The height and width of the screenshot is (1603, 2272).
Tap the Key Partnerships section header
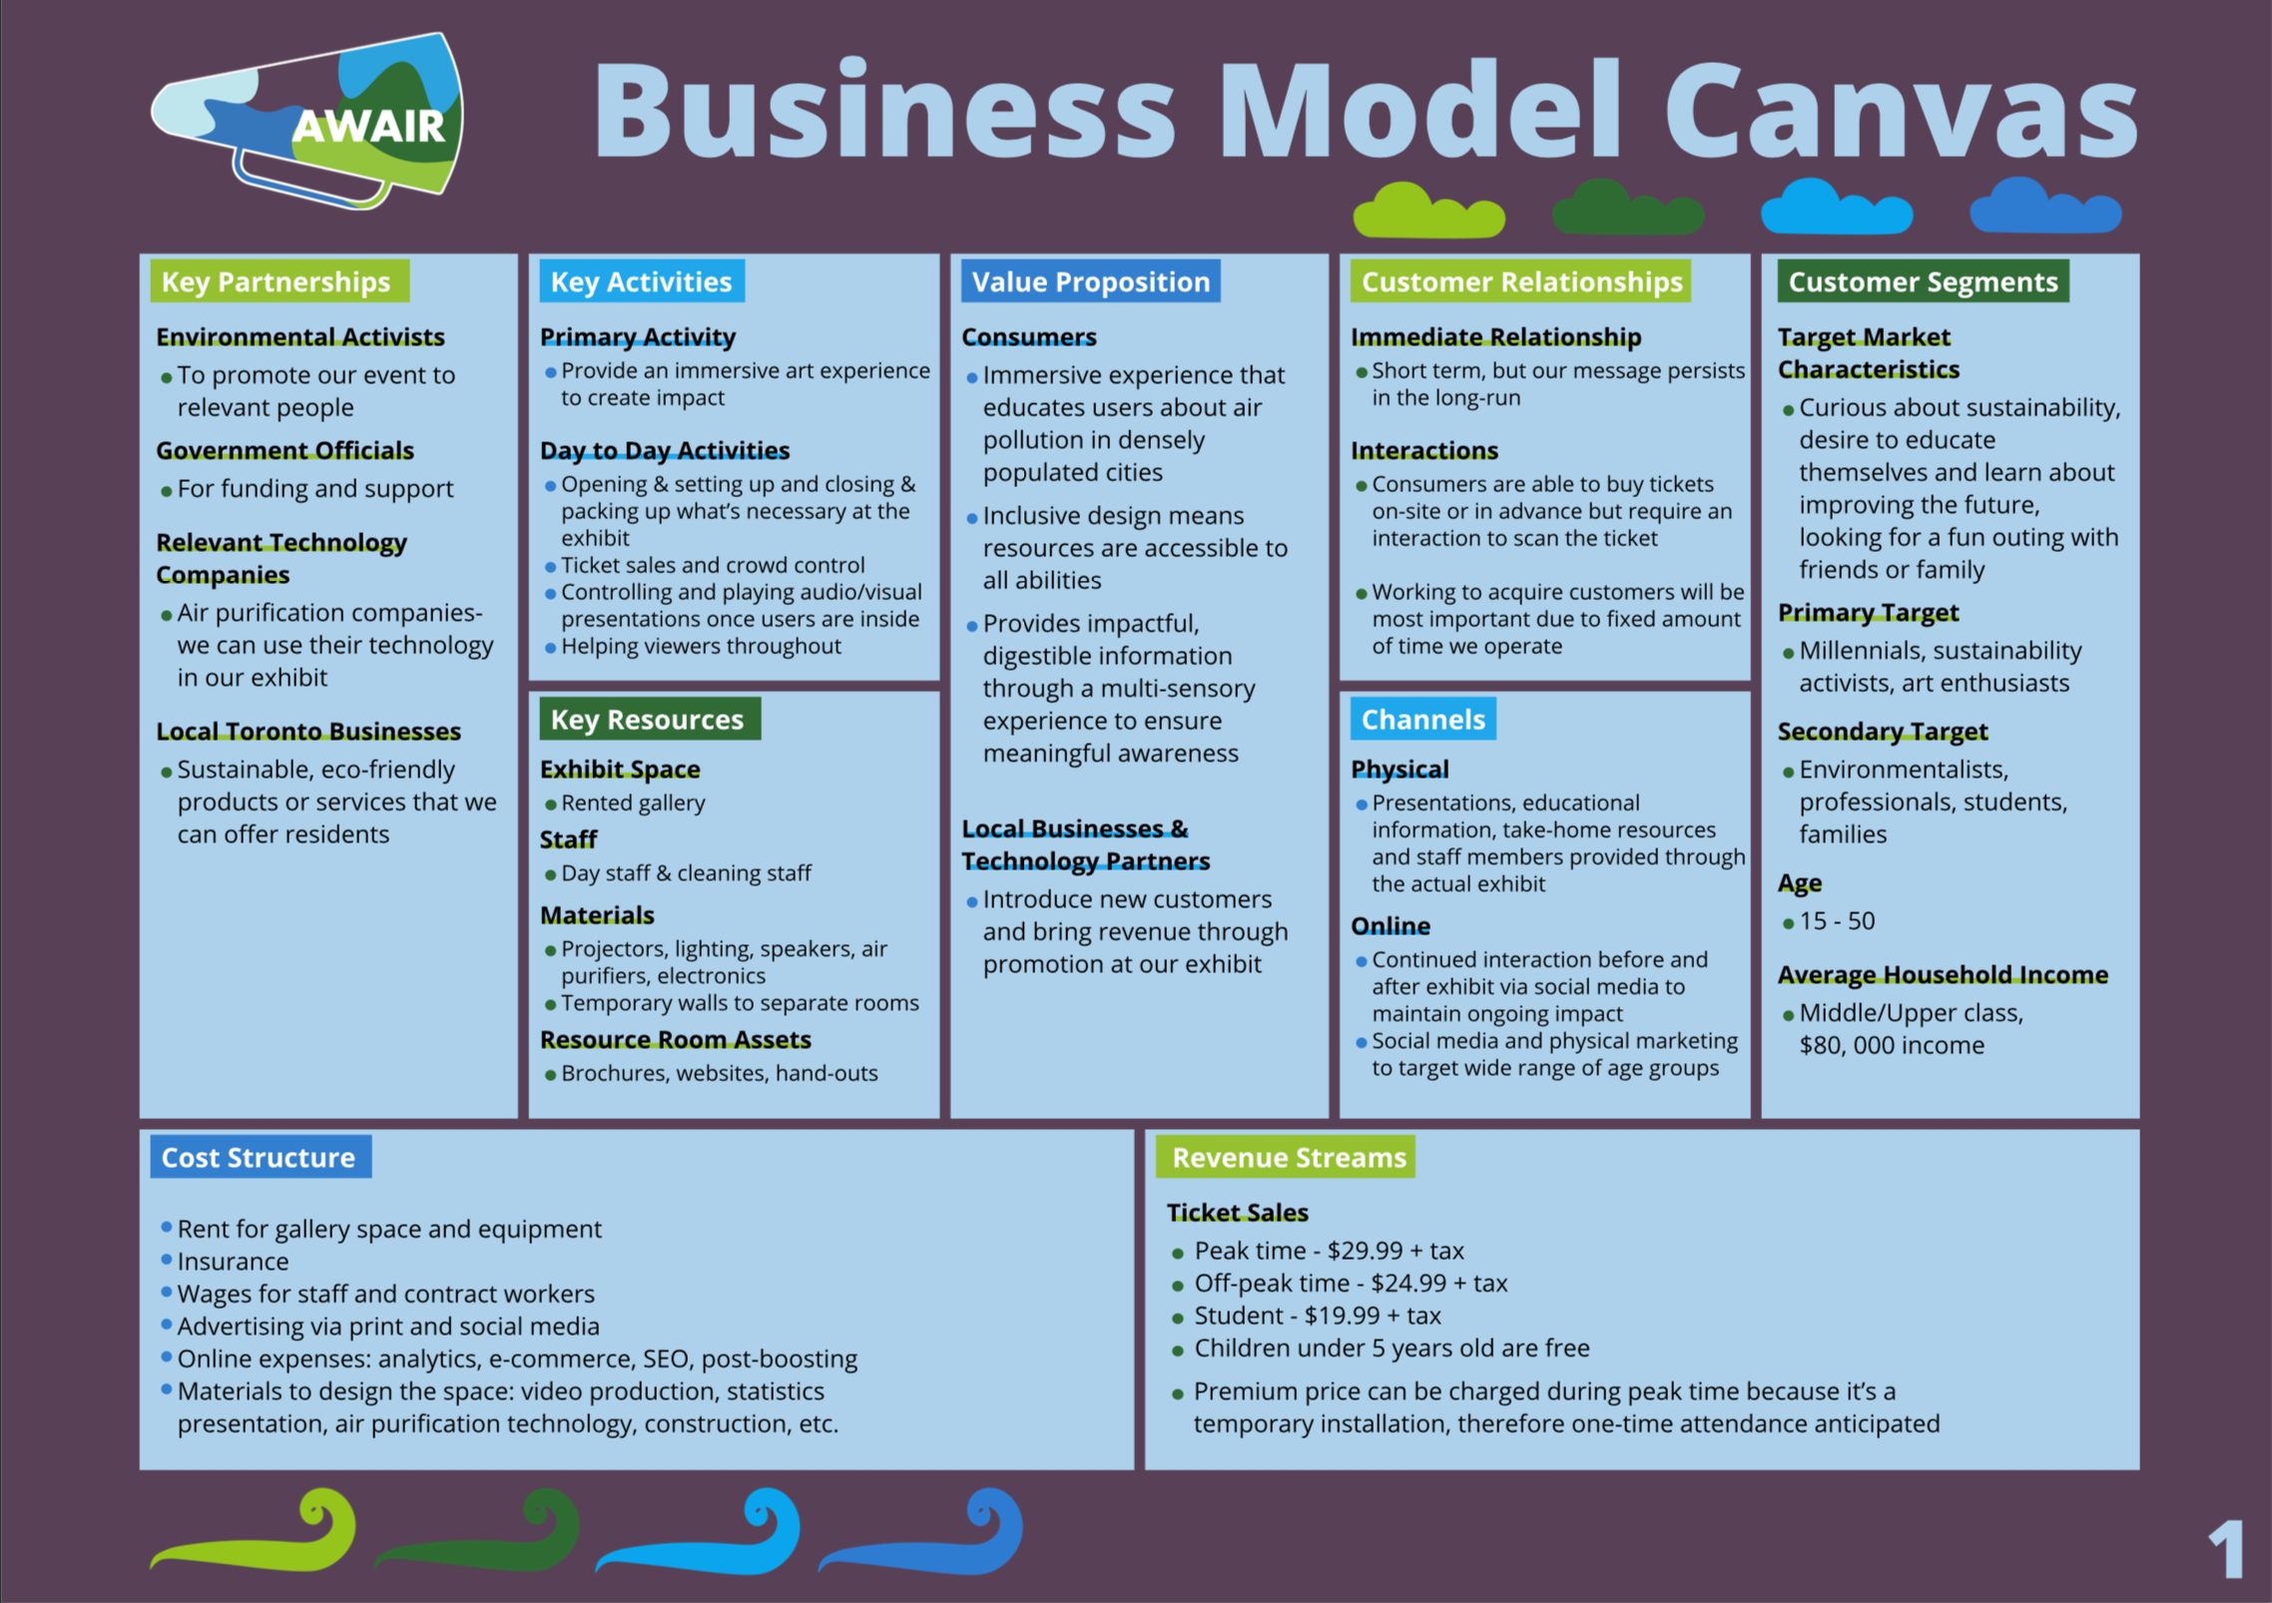pos(278,282)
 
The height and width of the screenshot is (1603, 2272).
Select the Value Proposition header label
pos(1090,282)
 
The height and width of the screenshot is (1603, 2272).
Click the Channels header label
pos(1422,720)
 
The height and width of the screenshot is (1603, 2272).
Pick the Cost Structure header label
pos(260,1158)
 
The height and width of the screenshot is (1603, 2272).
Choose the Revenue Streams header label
pos(1288,1158)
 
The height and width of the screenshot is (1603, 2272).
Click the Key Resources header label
pos(648,720)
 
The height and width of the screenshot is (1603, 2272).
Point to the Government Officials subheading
pos(284,451)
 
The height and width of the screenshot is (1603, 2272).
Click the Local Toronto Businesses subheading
pos(308,732)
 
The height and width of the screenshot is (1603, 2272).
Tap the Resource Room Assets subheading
pos(676,1040)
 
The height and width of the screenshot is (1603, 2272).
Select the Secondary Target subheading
pos(1883,732)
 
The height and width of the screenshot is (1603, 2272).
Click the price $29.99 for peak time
pos(1364,1252)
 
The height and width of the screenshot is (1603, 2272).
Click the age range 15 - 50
pos(1837,921)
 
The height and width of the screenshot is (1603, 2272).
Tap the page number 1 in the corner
pos(2226,1549)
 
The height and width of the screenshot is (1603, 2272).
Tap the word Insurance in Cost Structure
pos(234,1262)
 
